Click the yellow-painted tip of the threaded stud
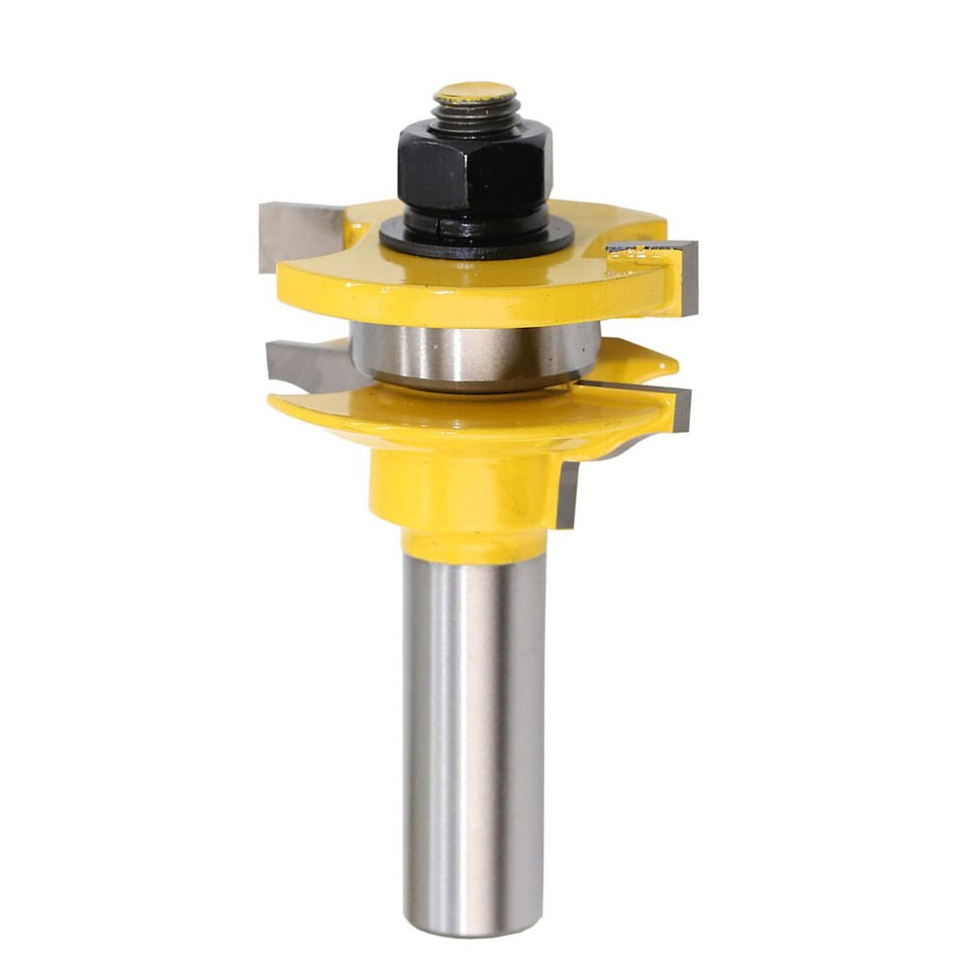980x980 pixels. pos(474,93)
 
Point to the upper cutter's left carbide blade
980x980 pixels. pos(297,234)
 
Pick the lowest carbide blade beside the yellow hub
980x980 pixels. pos(567,495)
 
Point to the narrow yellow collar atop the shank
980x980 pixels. pos(474,545)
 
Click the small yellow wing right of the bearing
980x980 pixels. pos(636,361)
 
